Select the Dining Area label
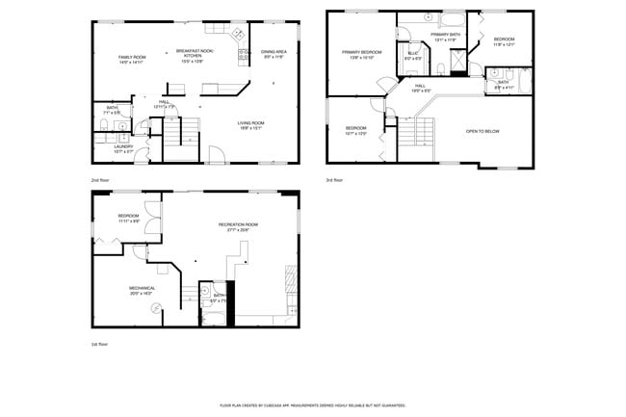[274, 54]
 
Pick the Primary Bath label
[444, 37]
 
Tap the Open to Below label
[483, 131]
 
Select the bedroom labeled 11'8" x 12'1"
[504, 41]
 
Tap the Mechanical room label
[142, 290]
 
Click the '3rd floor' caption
[333, 179]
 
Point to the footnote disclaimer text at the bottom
[312, 406]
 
